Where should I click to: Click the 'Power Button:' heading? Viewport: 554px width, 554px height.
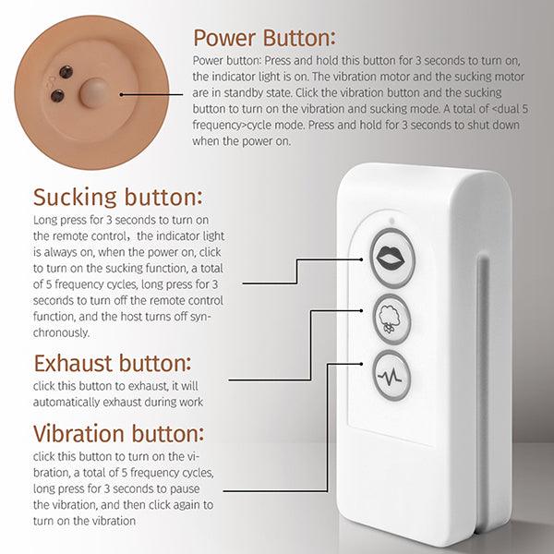click(x=263, y=38)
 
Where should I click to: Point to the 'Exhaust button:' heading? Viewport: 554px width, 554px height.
click(x=112, y=362)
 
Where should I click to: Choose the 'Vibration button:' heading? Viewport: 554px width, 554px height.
click(x=119, y=433)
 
